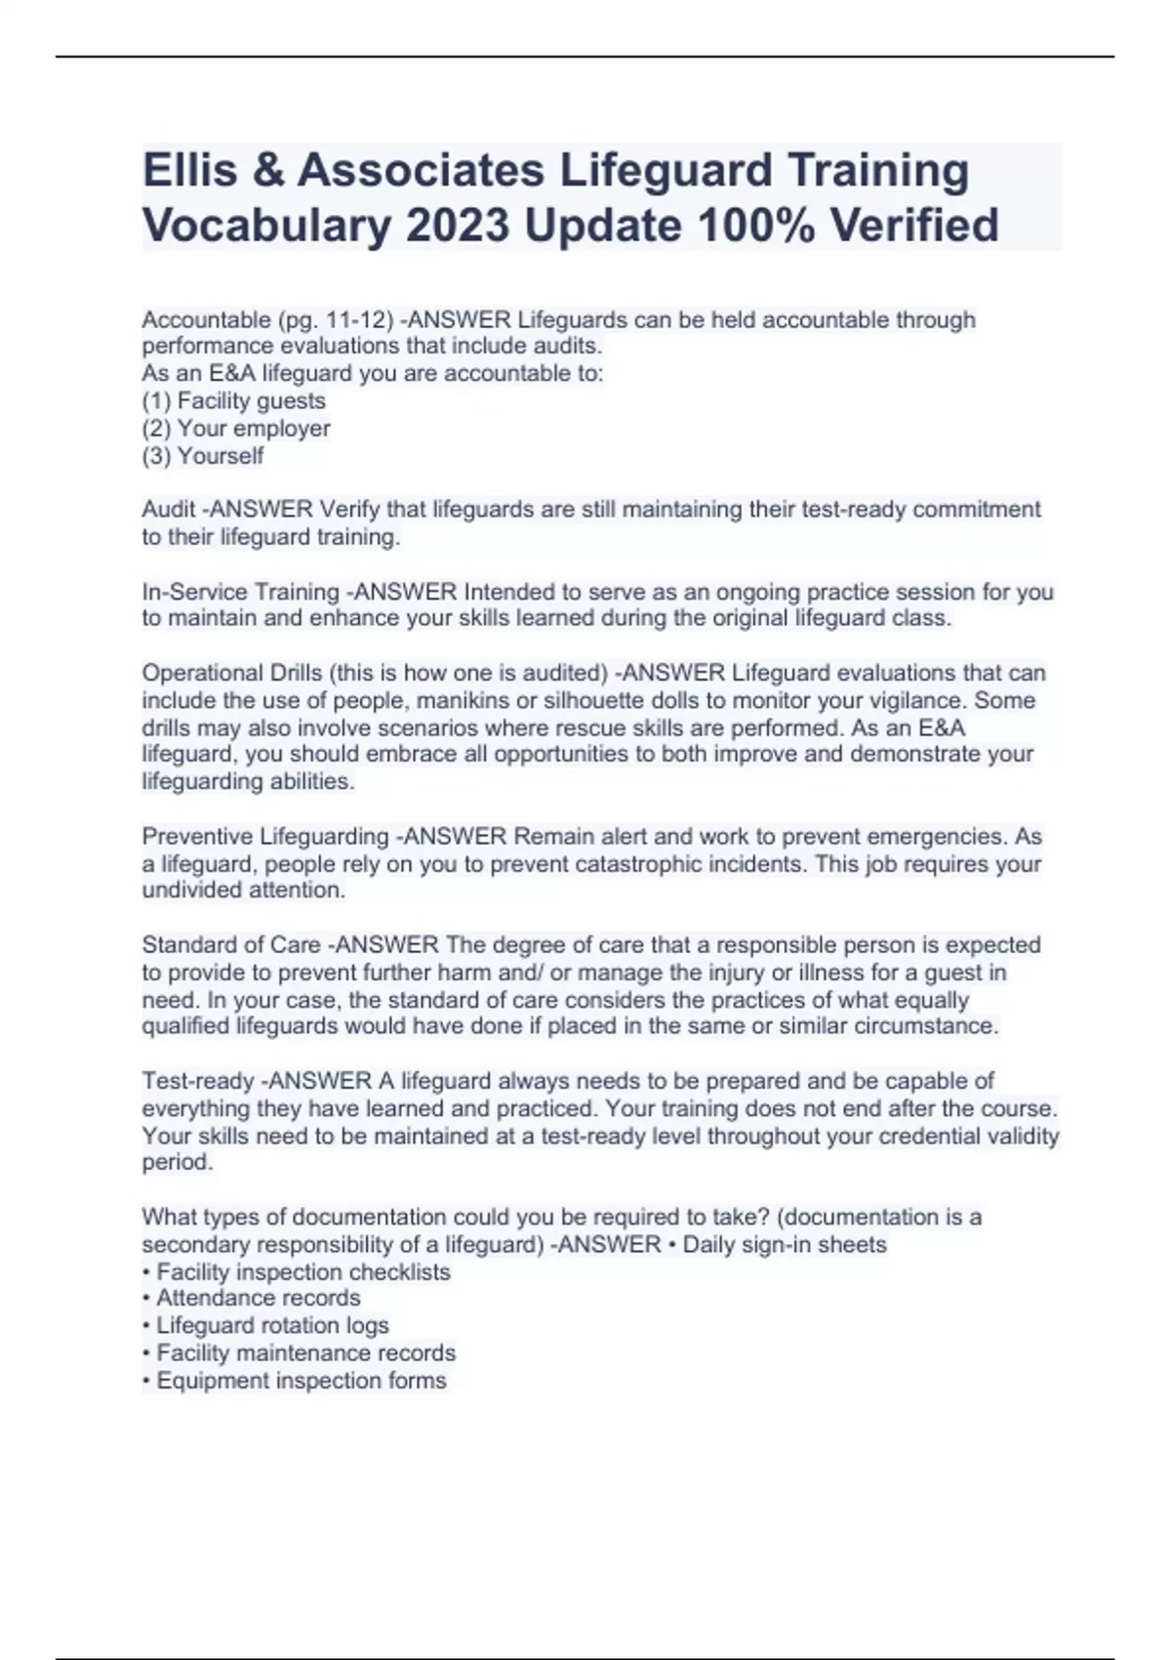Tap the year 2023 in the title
(457, 226)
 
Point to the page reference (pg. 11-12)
(336, 320)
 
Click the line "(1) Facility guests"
(234, 401)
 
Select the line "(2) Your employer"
(236, 429)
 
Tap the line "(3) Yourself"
(203, 456)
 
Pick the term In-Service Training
(240, 592)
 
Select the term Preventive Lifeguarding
(265, 837)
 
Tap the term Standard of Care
(231, 945)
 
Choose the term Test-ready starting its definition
(198, 1081)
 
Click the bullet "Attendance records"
(258, 1298)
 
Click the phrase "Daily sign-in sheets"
(785, 1244)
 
